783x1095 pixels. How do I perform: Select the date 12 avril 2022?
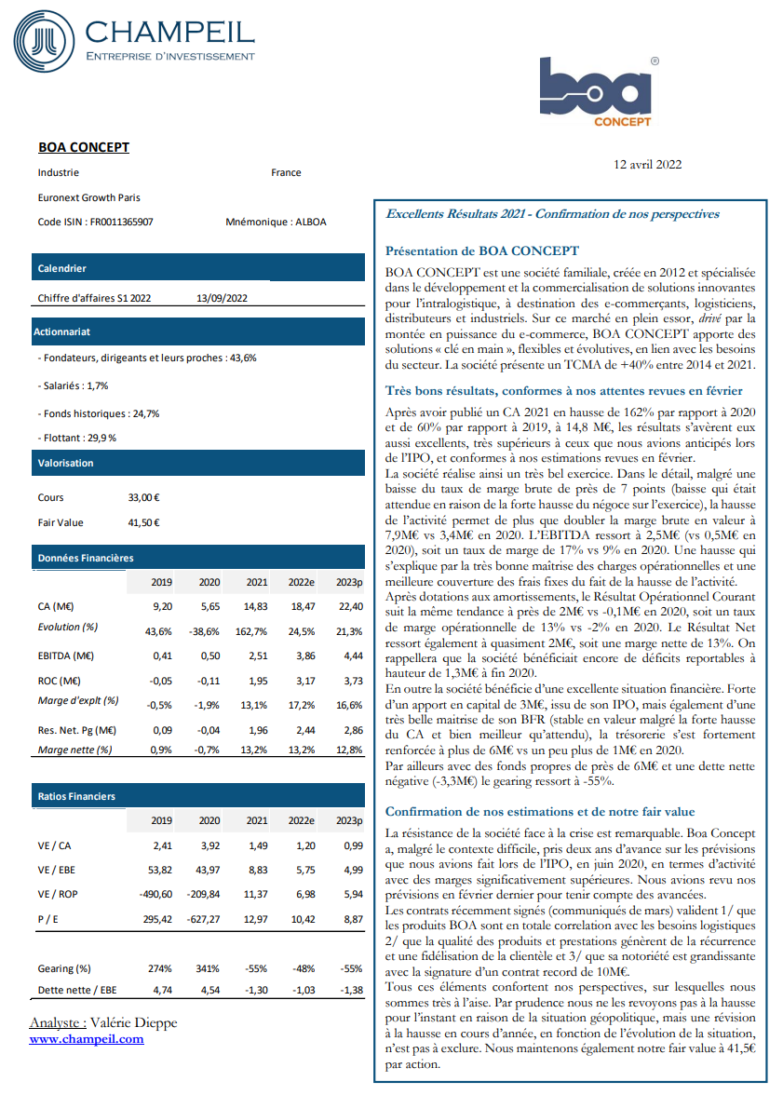(648, 164)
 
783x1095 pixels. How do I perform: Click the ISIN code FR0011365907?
(121, 223)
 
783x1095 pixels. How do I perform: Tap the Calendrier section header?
(61, 268)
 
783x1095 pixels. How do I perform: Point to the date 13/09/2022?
(222, 298)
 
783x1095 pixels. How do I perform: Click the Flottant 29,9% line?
(77, 437)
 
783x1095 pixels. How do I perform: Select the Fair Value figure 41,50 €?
(144, 522)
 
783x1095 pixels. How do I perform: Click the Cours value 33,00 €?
(144, 497)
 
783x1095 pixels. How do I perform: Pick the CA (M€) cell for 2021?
(256, 606)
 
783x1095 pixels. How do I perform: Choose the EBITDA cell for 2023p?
(350, 656)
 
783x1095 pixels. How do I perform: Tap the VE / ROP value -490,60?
(155, 895)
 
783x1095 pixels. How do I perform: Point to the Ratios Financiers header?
(76, 796)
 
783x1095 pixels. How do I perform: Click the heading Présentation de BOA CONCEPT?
(482, 250)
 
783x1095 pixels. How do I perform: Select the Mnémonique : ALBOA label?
(276, 223)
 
